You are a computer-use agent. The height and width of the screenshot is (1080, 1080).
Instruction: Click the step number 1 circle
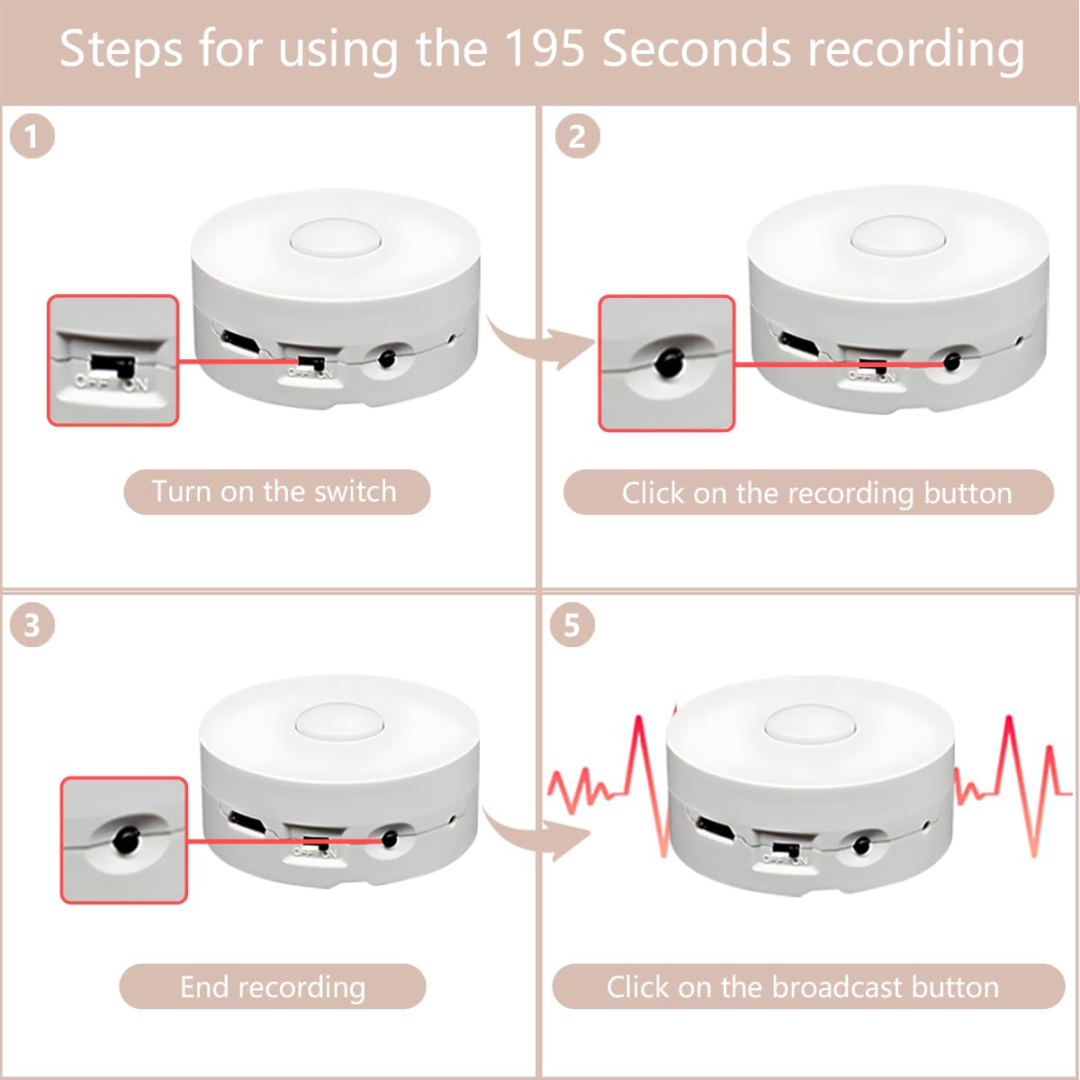pyautogui.click(x=32, y=137)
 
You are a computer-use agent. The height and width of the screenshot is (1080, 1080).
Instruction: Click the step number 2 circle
pyautogui.click(x=577, y=137)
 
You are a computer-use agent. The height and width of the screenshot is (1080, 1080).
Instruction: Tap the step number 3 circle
pyautogui.click(x=32, y=625)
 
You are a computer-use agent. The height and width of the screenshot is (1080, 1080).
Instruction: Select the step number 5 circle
pyautogui.click(x=572, y=625)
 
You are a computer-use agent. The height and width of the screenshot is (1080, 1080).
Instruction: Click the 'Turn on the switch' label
pyautogui.click(x=276, y=492)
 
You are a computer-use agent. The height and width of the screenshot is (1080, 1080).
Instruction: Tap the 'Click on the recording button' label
pyautogui.click(x=808, y=492)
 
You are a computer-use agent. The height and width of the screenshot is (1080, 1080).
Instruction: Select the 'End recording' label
pyautogui.click(x=272, y=986)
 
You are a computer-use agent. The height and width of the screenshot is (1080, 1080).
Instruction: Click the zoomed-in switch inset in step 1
pyautogui.click(x=112, y=360)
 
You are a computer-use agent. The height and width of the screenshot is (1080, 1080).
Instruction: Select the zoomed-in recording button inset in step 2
pyautogui.click(x=667, y=363)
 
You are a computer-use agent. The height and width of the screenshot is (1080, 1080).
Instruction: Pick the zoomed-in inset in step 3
pyautogui.click(x=124, y=841)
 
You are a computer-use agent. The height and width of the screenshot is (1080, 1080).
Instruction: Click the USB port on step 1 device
pyautogui.click(x=240, y=341)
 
